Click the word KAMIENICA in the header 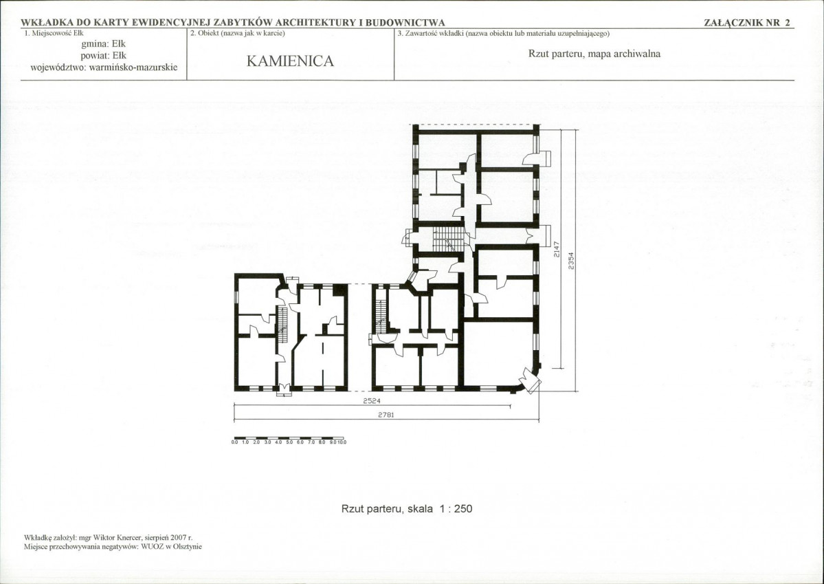(x=290, y=61)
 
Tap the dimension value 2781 (x=386, y=415)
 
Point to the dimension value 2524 (x=372, y=401)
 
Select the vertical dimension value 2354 (x=571, y=261)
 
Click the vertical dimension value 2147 (x=557, y=250)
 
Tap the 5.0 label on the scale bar (x=289, y=442)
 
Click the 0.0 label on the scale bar (x=234, y=442)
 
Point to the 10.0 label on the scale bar (x=342, y=442)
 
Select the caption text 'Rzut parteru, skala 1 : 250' (x=407, y=509)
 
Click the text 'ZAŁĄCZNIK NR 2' (x=747, y=23)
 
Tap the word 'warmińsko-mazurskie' (x=133, y=67)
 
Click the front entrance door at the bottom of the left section (x=284, y=389)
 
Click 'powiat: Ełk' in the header (x=104, y=56)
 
